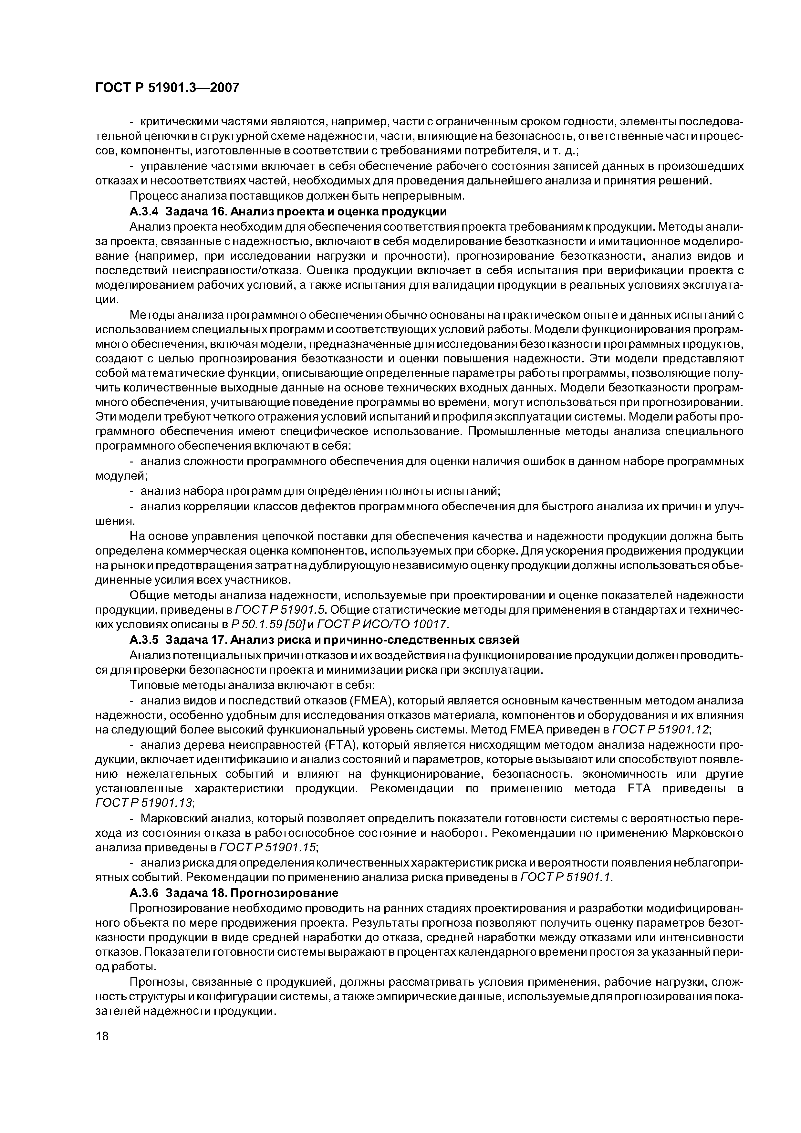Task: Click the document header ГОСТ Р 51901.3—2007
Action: point(167,88)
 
